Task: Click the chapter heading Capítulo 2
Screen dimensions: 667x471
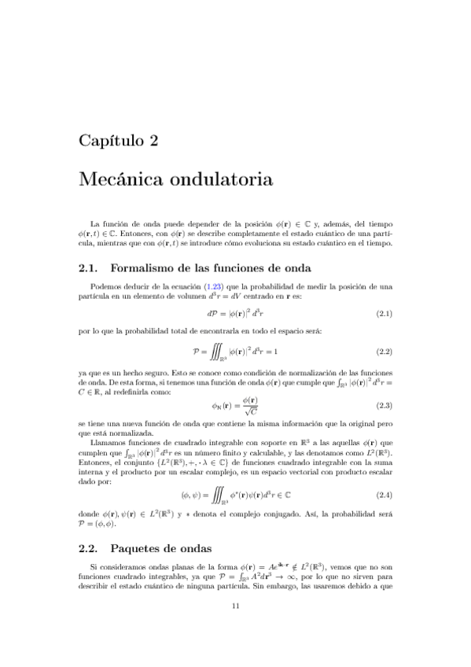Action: click(118, 142)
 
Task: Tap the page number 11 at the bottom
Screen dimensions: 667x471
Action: click(235, 626)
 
